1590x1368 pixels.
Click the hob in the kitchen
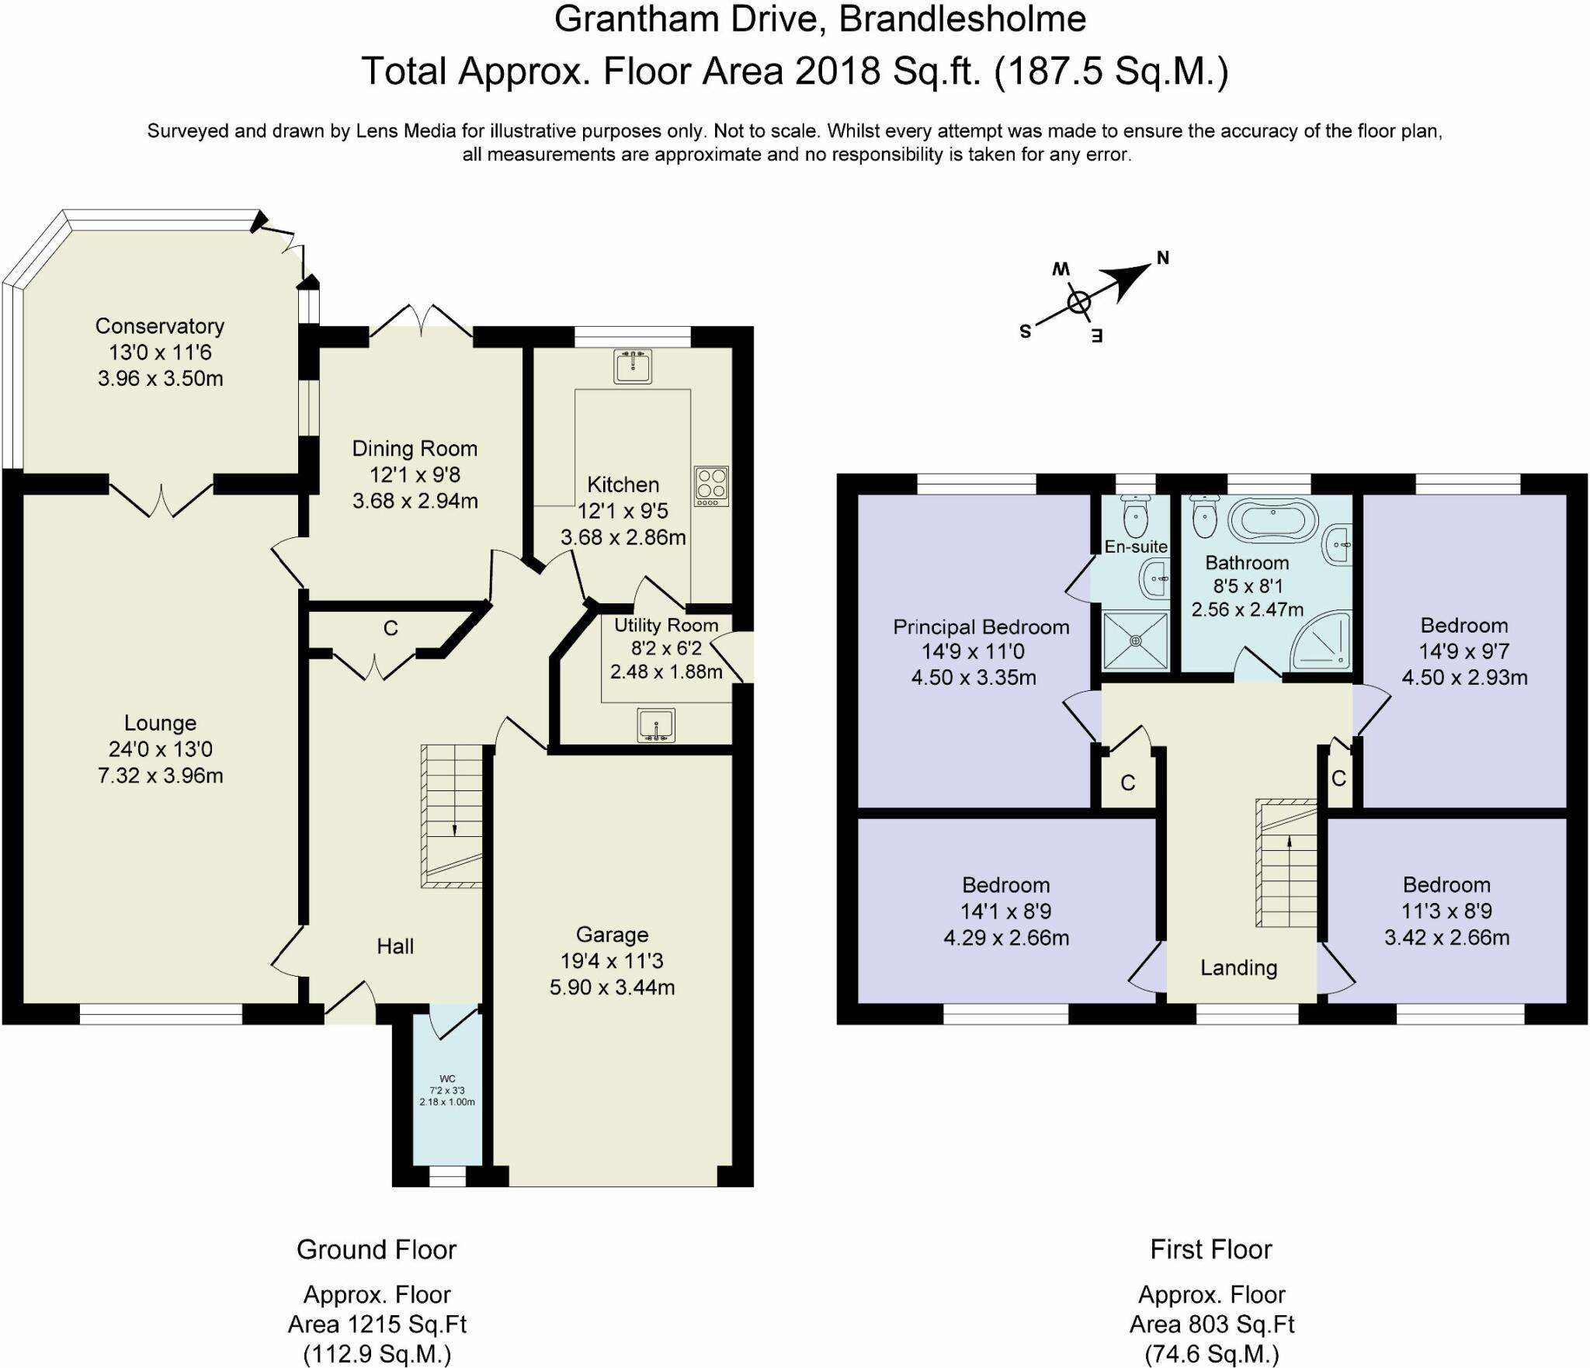coord(712,486)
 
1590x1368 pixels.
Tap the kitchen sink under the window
coord(633,366)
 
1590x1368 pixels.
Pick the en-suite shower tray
coord(1135,640)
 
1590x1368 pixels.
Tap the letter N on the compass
coord(1162,258)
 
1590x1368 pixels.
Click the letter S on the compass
coord(1025,332)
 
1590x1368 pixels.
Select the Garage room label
coord(612,935)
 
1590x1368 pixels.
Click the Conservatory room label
coord(160,326)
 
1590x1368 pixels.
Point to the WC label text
coord(447,1078)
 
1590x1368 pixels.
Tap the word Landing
coord(1238,967)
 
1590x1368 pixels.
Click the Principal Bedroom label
coord(981,627)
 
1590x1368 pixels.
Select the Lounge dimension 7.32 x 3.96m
coord(160,775)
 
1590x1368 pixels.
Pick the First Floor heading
coord(1210,1249)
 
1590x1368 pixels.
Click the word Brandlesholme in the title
coord(963,19)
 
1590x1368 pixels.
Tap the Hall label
coord(395,946)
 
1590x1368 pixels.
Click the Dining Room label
coord(415,449)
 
